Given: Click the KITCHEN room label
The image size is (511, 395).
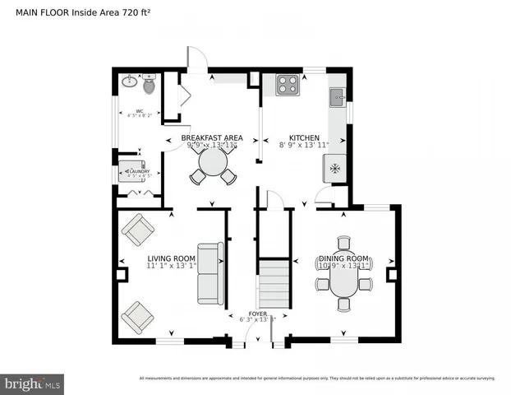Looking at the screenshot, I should pyautogui.click(x=303, y=137).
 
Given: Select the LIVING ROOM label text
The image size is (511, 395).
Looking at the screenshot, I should pyautogui.click(x=172, y=258).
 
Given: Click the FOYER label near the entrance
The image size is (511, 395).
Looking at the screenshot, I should pyautogui.click(x=258, y=314).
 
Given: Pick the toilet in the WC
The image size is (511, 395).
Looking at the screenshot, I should pyautogui.click(x=149, y=84).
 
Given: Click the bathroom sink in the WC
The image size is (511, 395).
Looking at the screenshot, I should pyautogui.click(x=129, y=82).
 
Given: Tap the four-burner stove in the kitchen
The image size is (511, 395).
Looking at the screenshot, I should pyautogui.click(x=288, y=85).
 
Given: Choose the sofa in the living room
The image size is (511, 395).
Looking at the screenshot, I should pyautogui.click(x=210, y=273).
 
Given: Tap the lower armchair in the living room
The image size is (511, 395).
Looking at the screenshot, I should pyautogui.click(x=136, y=315).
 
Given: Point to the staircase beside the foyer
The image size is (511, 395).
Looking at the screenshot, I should pyautogui.click(x=274, y=283).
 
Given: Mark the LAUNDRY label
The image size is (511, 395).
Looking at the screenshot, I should pyautogui.click(x=136, y=172).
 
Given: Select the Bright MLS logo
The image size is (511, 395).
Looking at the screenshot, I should pyautogui.click(x=33, y=383).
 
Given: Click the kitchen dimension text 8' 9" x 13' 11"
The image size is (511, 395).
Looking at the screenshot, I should pyautogui.click(x=303, y=146).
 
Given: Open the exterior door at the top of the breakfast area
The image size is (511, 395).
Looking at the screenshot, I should pyautogui.click(x=198, y=59).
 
